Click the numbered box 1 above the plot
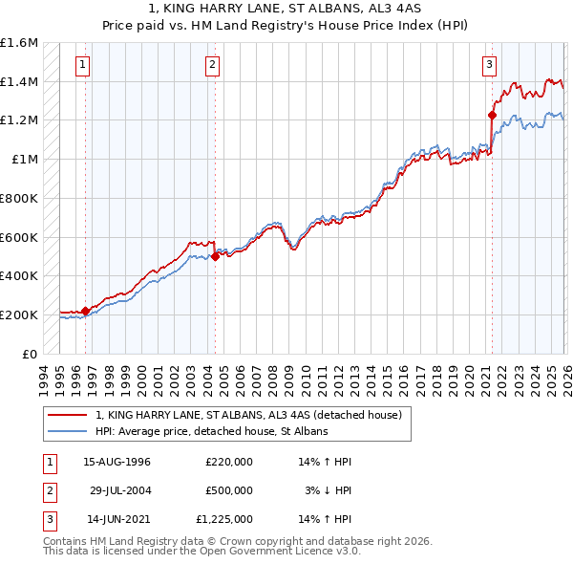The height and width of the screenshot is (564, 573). (x=83, y=65)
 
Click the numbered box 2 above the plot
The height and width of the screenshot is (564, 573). (x=211, y=65)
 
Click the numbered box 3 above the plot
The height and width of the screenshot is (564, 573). (x=489, y=65)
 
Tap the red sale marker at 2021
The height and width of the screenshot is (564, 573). (x=492, y=116)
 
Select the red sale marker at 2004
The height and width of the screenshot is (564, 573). (x=216, y=256)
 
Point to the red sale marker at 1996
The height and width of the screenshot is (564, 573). (x=86, y=311)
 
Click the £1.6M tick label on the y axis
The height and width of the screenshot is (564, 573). (x=19, y=43)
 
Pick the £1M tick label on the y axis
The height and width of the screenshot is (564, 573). (x=25, y=160)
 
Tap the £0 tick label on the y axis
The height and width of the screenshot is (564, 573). (x=31, y=354)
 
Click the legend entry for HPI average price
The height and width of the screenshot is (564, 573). (x=211, y=432)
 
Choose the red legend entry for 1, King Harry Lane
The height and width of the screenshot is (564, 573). (x=253, y=415)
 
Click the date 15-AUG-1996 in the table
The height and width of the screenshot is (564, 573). (x=117, y=461)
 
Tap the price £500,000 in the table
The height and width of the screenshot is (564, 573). (x=229, y=490)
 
